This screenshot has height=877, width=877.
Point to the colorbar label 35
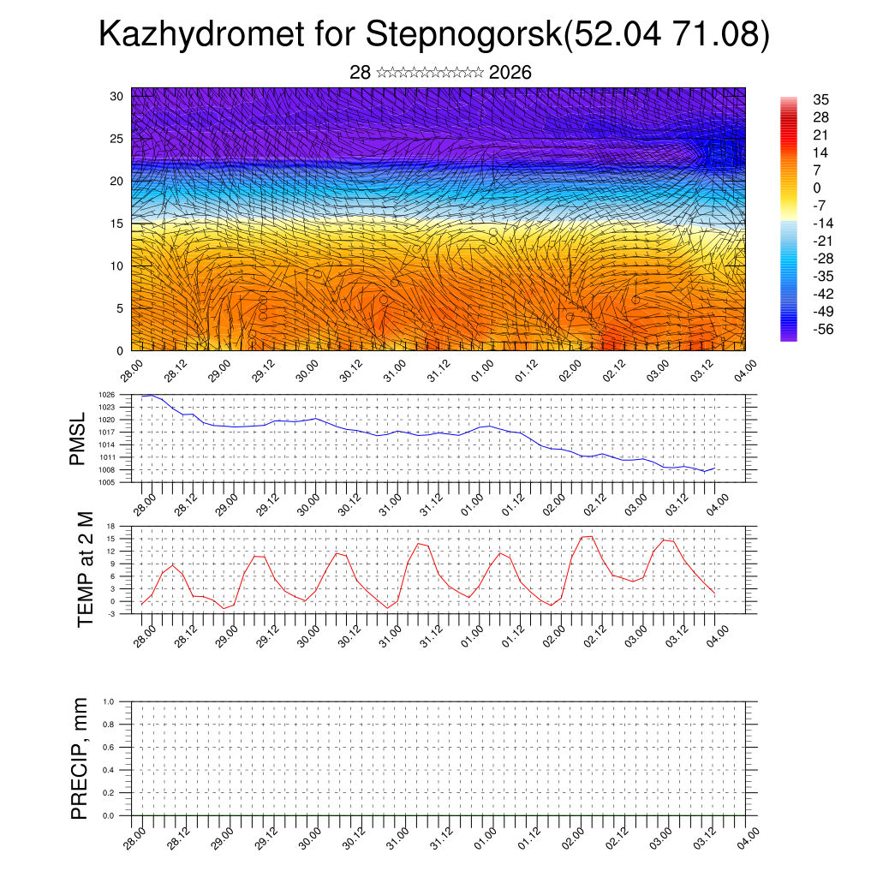[821, 100]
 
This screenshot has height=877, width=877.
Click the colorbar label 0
[816, 188]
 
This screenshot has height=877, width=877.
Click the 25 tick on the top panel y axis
[118, 138]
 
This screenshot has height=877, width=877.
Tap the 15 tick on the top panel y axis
[118, 224]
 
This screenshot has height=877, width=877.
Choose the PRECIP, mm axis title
[81, 758]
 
